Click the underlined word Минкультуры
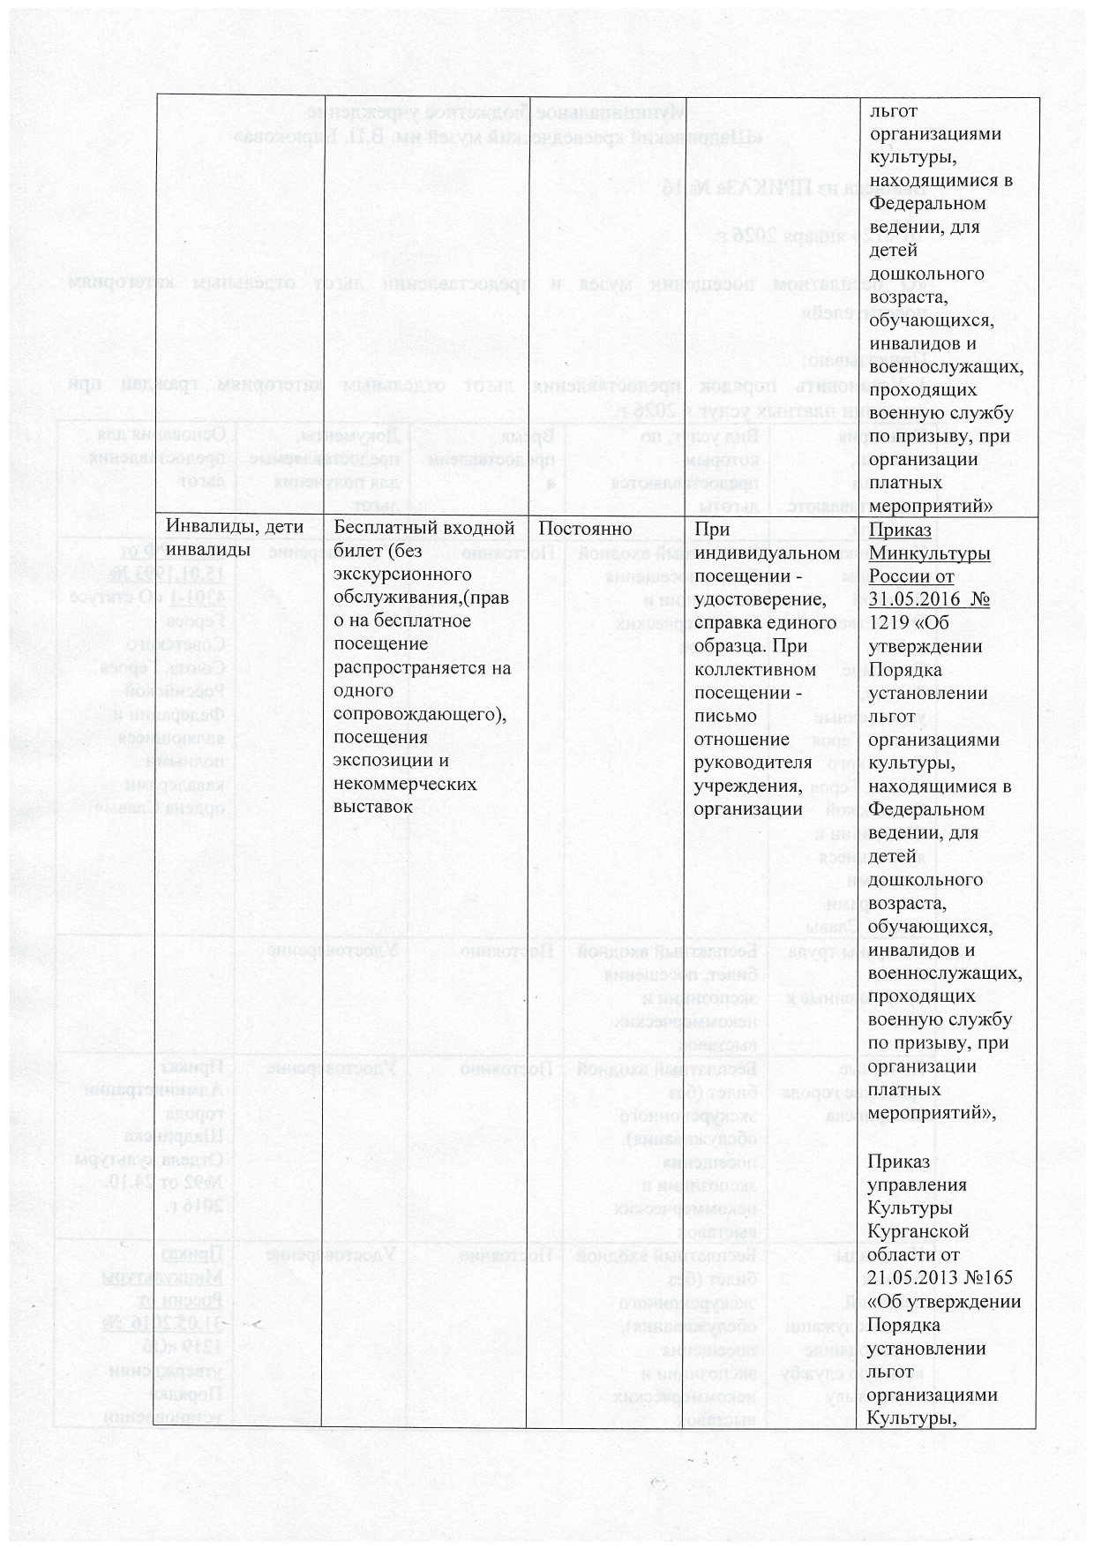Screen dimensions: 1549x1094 coord(929,553)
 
